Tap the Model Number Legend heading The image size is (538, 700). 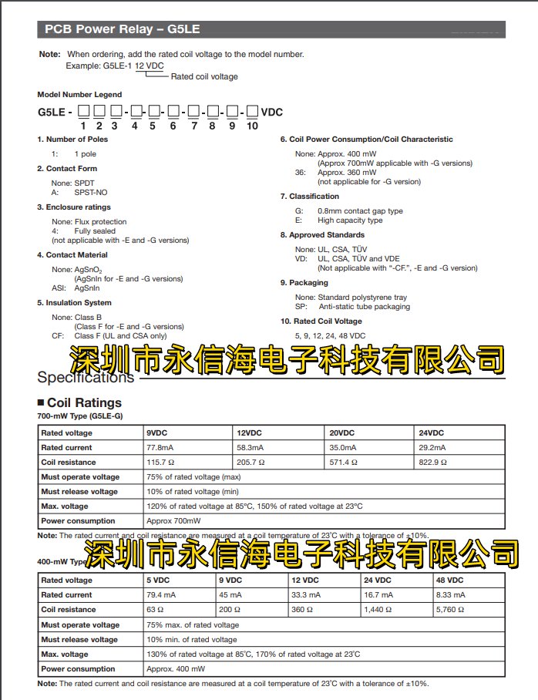point(75,95)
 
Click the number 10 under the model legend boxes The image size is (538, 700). point(252,126)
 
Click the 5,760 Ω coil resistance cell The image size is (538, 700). point(451,610)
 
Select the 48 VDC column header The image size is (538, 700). point(450,581)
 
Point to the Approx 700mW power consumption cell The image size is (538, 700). point(173,521)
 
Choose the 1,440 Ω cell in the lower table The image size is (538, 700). point(378,610)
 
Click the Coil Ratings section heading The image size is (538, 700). point(84,402)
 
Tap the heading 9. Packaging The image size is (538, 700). point(304,283)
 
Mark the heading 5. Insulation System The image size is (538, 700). point(74,303)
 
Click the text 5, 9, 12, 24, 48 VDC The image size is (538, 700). point(330,336)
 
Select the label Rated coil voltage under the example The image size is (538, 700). point(204,77)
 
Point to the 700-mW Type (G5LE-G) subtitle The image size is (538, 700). point(80,416)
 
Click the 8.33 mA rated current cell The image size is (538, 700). point(449,595)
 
